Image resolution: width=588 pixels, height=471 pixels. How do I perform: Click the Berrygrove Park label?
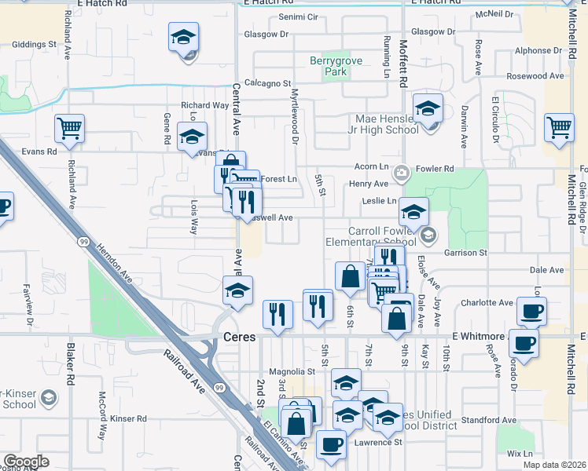pos(329,65)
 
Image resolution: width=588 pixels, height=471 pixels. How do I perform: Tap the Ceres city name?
pos(240,336)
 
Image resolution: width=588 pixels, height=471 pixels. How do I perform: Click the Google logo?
pos(25,462)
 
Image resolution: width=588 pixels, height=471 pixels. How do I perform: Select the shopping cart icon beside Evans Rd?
pos(69,130)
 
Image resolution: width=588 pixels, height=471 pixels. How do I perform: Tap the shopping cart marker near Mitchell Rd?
pos(560,130)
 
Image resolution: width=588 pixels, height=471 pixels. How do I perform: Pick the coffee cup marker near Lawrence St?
pos(330,444)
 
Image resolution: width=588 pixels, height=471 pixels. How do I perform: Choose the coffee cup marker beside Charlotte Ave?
pos(531,312)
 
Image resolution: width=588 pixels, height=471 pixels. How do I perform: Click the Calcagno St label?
pos(267,83)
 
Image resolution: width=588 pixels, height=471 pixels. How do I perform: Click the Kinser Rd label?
pos(129,419)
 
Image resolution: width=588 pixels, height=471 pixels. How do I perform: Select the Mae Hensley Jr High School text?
pos(387,124)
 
